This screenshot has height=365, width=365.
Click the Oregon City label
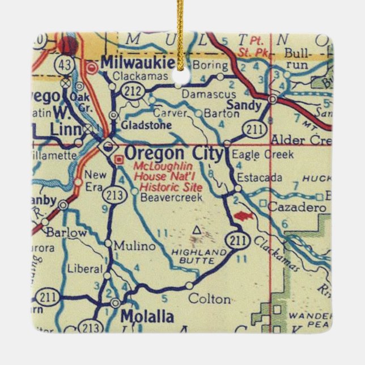tap(173, 154)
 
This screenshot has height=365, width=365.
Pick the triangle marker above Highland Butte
tap(197, 230)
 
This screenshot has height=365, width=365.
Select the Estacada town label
tap(260, 177)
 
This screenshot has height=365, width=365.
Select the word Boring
tap(210, 65)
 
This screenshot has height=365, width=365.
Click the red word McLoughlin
tap(158, 167)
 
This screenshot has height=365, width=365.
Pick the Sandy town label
tap(244, 105)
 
